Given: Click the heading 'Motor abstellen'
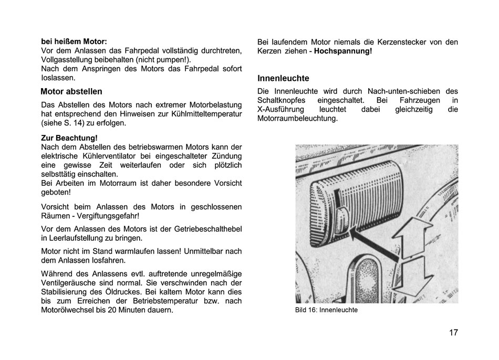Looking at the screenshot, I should point(71,91).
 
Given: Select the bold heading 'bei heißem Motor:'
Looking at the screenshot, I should point(74,41).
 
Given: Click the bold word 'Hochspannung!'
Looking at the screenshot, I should point(343,51).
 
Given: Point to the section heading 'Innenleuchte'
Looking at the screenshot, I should point(283,78).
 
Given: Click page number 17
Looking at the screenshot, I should point(453,333).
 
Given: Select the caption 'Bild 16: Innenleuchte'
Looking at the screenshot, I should point(326,310).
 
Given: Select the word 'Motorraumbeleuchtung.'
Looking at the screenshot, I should point(297,119).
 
